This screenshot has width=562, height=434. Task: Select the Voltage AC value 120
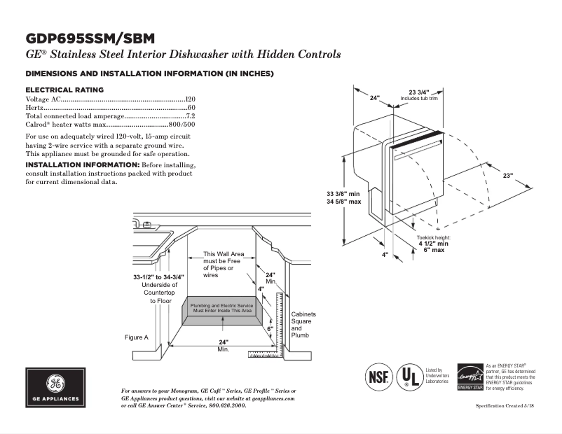click(x=190, y=100)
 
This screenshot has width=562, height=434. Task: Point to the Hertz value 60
click(x=191, y=108)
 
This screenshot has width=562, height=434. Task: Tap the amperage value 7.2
click(x=190, y=115)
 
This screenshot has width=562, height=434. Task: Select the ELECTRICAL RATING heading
click(x=64, y=90)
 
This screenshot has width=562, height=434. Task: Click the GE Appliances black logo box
click(x=55, y=387)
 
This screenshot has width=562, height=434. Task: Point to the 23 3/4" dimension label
click(x=419, y=92)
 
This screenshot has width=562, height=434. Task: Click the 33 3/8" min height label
click(x=343, y=193)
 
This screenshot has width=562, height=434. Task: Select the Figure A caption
click(x=137, y=337)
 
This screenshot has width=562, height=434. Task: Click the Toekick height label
click(x=434, y=238)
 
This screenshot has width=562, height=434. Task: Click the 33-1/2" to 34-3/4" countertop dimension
click(x=159, y=277)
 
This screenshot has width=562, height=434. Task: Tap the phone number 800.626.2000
click(x=227, y=406)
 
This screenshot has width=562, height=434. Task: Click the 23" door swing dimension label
click(x=507, y=174)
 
